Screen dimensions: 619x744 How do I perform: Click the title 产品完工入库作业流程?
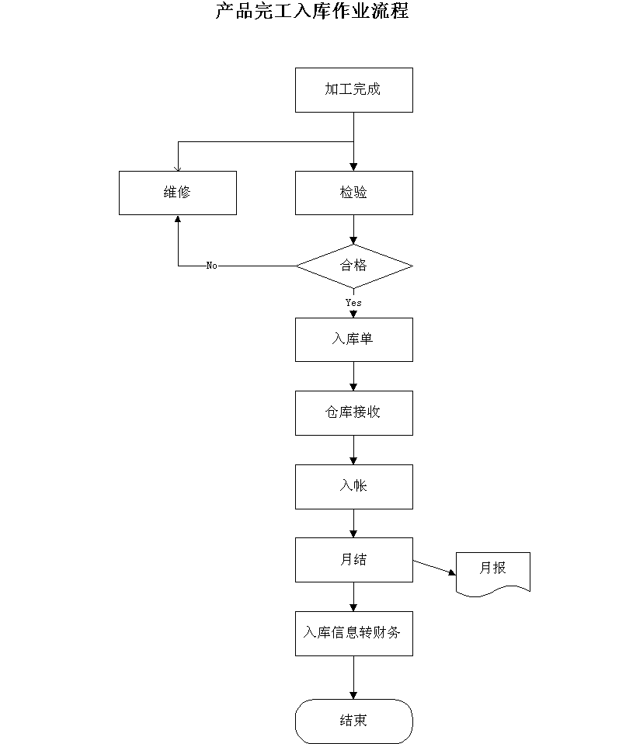(x=312, y=10)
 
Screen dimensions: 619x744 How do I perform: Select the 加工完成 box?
(x=353, y=90)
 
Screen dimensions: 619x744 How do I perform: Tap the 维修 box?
(x=178, y=193)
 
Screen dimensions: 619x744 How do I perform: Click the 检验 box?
(x=353, y=193)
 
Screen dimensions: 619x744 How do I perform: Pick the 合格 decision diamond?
(x=354, y=266)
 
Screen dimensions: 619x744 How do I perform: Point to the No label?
(x=212, y=266)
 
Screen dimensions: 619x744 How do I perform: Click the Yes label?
(x=353, y=303)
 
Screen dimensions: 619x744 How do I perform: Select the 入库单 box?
(x=353, y=339)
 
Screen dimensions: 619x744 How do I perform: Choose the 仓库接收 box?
(x=353, y=413)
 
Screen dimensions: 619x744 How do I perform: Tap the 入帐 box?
(x=353, y=487)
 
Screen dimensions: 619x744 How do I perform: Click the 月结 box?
(x=353, y=560)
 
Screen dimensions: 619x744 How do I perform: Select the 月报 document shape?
(x=492, y=574)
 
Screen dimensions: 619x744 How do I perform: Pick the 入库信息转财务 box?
(x=353, y=634)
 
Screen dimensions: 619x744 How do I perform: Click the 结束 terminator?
(x=353, y=721)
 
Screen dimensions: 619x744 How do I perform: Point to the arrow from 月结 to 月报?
(x=434, y=568)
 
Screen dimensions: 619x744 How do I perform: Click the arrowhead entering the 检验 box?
(x=353, y=167)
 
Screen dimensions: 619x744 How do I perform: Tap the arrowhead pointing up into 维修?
(x=178, y=219)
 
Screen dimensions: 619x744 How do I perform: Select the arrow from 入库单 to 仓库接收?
(x=353, y=376)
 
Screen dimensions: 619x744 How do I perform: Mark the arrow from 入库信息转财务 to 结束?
(x=353, y=677)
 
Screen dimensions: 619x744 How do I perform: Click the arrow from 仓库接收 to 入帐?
(x=353, y=450)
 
